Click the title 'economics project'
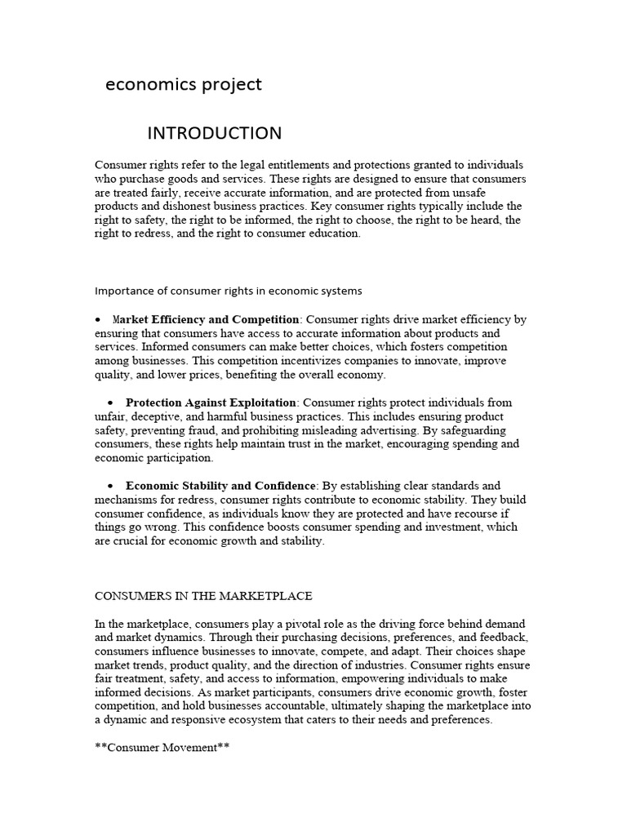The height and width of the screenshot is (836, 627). (x=184, y=85)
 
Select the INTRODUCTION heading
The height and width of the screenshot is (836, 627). (x=214, y=133)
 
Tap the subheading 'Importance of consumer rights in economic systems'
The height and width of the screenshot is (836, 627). (x=229, y=291)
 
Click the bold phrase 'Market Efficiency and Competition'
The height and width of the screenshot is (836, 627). (x=206, y=319)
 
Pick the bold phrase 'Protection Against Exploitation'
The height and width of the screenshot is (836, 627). (x=211, y=402)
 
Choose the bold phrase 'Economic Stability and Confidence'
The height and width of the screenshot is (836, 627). (x=220, y=486)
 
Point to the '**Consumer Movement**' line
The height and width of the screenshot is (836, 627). (x=162, y=746)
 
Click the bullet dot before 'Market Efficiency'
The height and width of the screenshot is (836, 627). (x=99, y=319)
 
